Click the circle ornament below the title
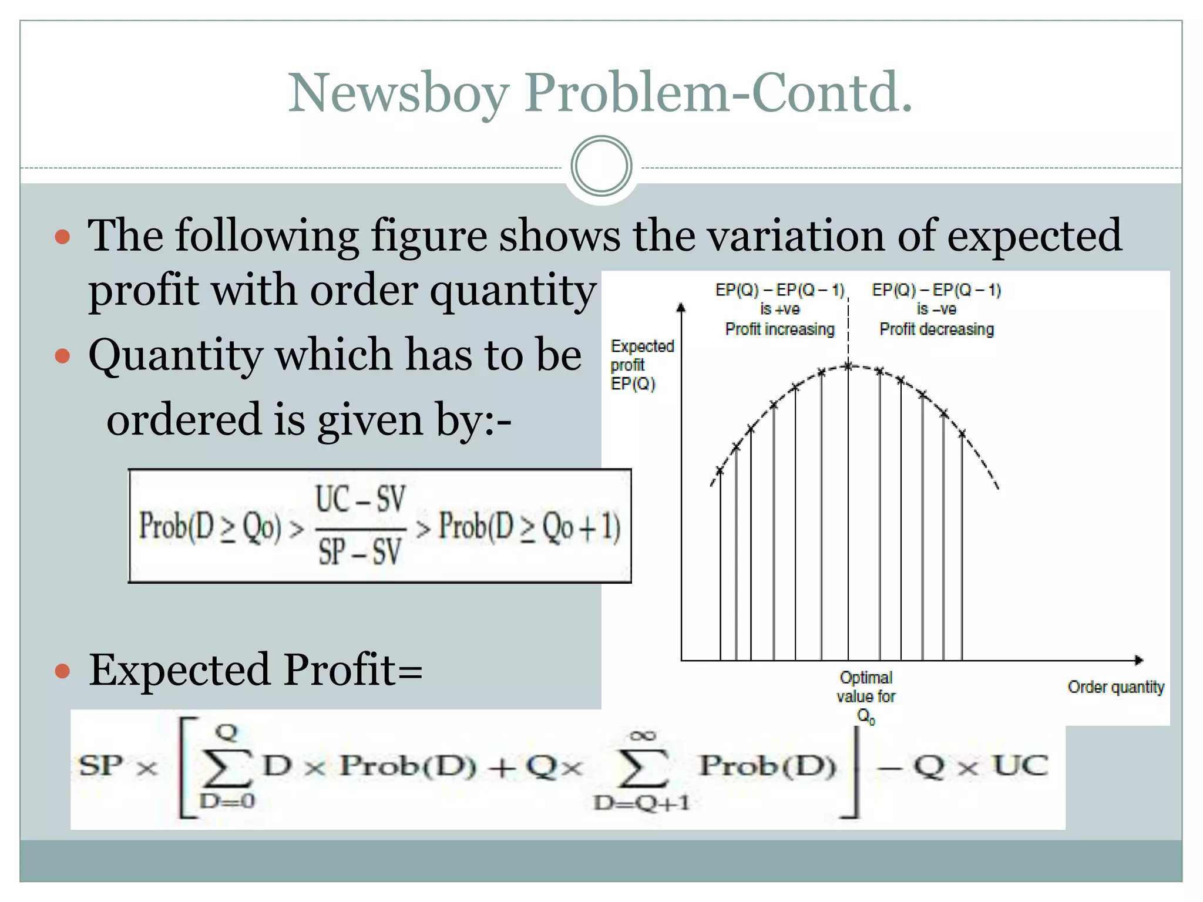pyautogui.click(x=601, y=166)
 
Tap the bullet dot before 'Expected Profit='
pyautogui.click(x=62, y=671)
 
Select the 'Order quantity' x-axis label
pyautogui.click(x=1115, y=687)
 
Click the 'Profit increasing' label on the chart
pyautogui.click(x=779, y=329)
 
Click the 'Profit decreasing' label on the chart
pyautogui.click(x=936, y=329)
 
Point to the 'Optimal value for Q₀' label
pyautogui.click(x=866, y=696)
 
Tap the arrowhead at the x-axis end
pyautogui.click(x=1139, y=661)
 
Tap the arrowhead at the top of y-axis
pyautogui.click(x=681, y=307)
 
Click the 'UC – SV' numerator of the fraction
pyautogui.click(x=360, y=500)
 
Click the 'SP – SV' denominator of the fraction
pyautogui.click(x=360, y=552)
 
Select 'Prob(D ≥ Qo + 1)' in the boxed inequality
pyautogui.click(x=529, y=526)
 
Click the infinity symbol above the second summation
pyautogui.click(x=642, y=735)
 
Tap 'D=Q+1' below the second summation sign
pyautogui.click(x=641, y=803)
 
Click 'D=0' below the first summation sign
pyautogui.click(x=227, y=800)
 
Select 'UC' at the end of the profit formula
pyautogui.click(x=1020, y=766)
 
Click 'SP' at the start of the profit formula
pyautogui.click(x=101, y=766)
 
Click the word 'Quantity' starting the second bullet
pyautogui.click(x=175, y=356)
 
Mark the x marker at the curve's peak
pyautogui.click(x=848, y=366)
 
